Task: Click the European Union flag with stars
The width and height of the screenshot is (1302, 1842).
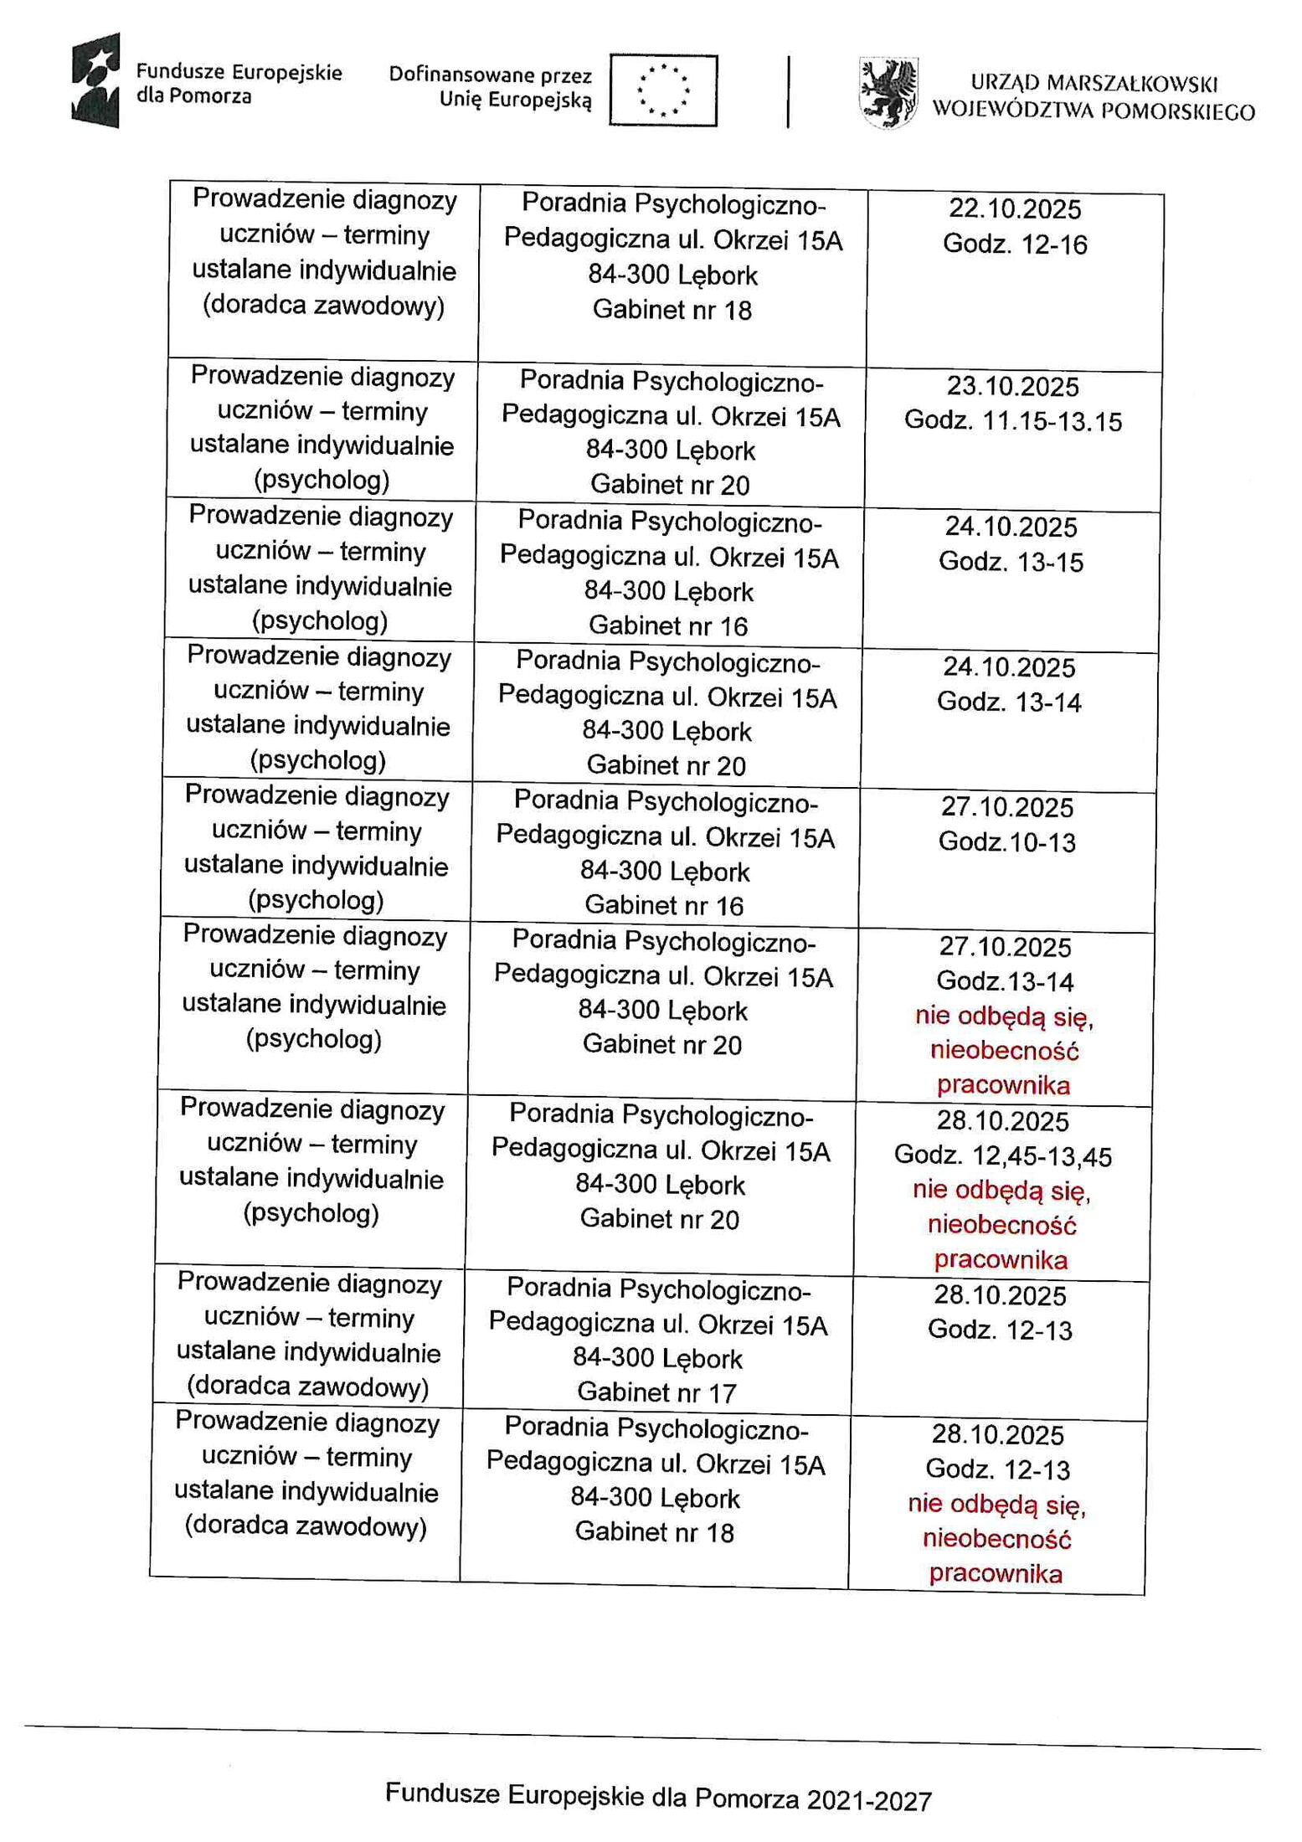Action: point(662,90)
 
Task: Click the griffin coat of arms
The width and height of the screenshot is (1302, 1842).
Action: point(888,92)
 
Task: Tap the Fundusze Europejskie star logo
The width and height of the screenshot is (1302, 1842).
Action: point(95,80)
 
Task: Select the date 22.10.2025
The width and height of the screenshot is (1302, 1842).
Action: point(1015,208)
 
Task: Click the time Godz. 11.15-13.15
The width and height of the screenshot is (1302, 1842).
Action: point(1012,421)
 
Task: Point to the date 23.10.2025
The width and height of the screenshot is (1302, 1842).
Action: point(1013,386)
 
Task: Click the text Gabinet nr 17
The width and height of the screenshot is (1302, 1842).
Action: point(656,1392)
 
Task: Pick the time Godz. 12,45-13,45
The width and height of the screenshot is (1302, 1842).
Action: point(1002,1156)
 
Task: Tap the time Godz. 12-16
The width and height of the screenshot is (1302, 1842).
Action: point(1015,244)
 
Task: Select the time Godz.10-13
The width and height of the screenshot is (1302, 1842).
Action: point(1006,841)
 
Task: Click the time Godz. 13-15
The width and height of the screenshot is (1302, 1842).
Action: point(1011,561)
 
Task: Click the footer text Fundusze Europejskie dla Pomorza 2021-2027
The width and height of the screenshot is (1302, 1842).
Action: point(658,1796)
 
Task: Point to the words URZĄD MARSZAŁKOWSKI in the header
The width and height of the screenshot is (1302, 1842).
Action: point(1094,83)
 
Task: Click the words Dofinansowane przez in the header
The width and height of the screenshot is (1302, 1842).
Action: point(491,75)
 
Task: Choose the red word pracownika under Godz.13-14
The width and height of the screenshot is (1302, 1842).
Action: point(1003,1085)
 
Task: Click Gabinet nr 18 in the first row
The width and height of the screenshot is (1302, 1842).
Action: point(672,310)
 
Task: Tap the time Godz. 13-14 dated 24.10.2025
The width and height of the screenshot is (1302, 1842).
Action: point(1009,702)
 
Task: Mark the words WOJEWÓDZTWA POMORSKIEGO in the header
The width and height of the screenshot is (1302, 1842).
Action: point(1094,111)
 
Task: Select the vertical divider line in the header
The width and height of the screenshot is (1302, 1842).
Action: point(788,91)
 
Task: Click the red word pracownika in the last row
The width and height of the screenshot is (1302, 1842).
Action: point(996,1573)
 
